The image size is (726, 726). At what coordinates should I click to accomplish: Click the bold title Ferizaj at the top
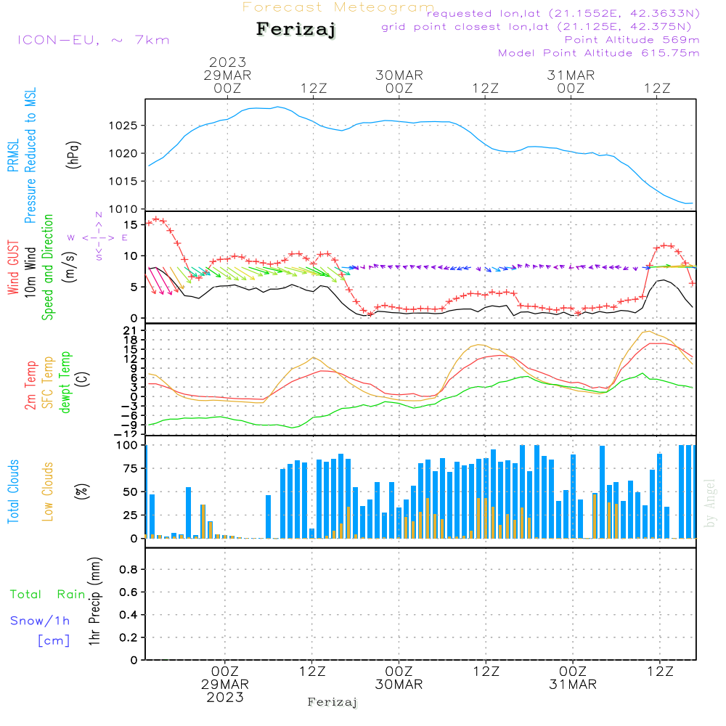[295, 30]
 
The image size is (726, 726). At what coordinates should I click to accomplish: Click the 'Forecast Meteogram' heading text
[338, 7]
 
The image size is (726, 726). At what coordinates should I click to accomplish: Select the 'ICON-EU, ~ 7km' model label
[93, 39]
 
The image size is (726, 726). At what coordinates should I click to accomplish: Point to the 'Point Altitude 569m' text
[632, 39]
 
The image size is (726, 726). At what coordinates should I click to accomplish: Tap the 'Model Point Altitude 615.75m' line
[599, 52]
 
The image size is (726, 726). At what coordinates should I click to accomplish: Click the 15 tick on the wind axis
[132, 225]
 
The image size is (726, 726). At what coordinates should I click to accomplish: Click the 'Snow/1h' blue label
[40, 621]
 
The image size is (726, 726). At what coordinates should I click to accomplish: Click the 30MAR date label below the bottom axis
[399, 685]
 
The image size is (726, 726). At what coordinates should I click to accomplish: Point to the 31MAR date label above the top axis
[571, 76]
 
